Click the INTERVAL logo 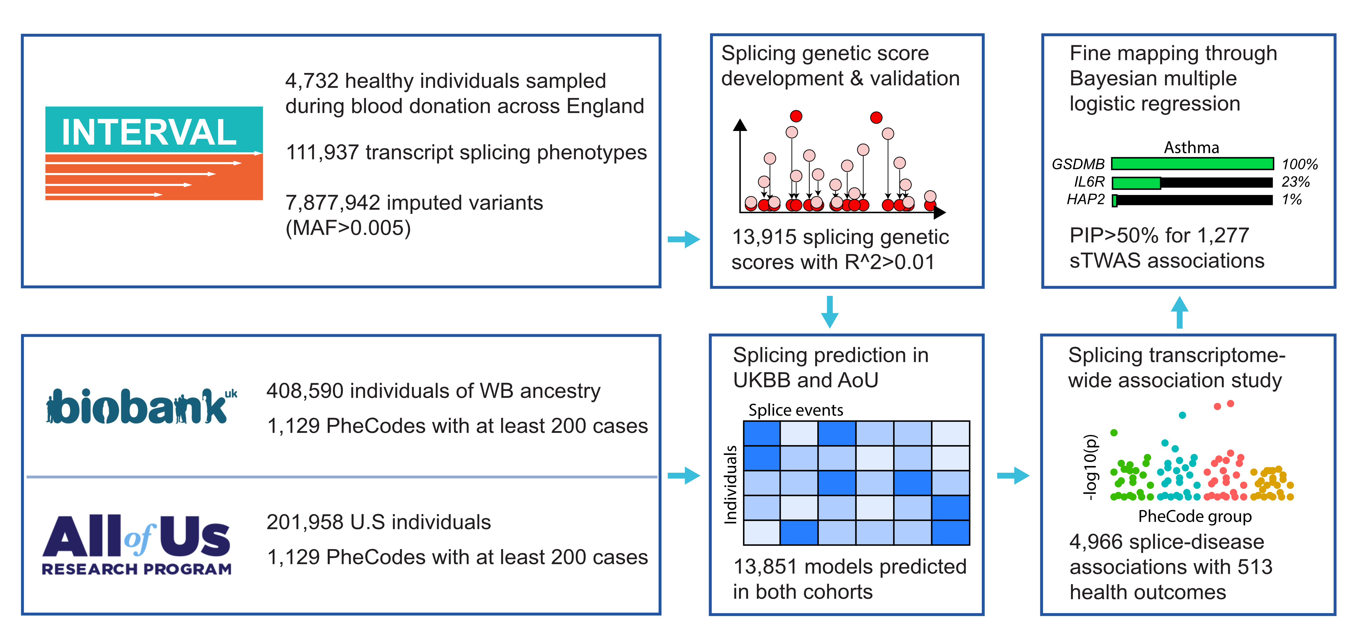(x=154, y=153)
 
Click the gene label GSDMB (x=1078, y=164)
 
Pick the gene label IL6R (x=1089, y=182)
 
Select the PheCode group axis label (x=1195, y=517)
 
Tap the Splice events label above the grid (x=796, y=410)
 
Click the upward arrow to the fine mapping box (x=1179, y=313)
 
